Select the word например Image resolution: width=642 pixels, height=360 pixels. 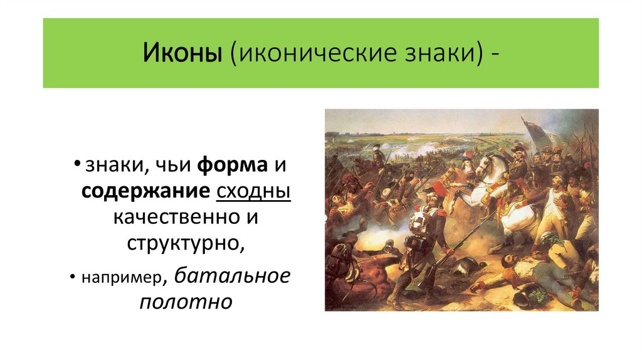point(124,277)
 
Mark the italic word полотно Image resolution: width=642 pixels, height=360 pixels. point(186,302)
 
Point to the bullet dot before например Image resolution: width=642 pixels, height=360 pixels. point(74,277)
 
